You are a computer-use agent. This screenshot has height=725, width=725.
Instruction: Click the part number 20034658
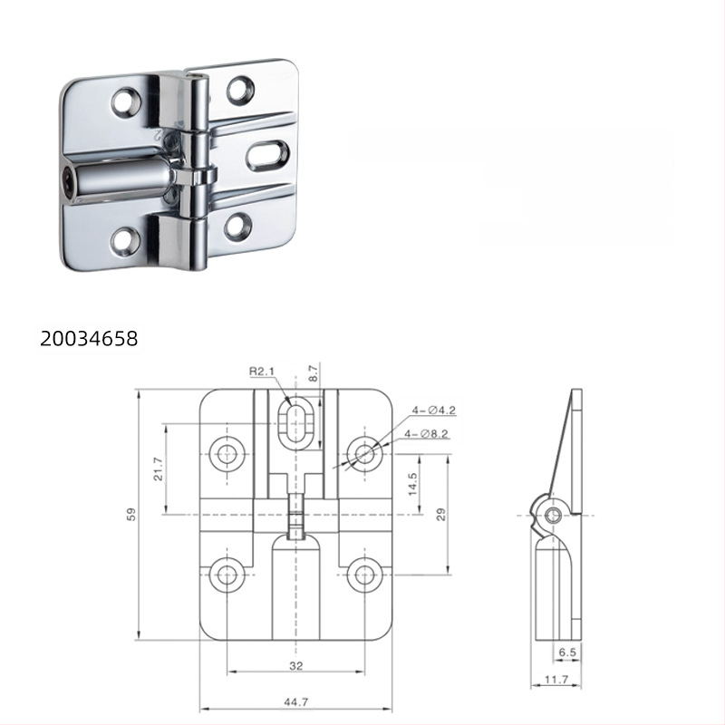coord(89,339)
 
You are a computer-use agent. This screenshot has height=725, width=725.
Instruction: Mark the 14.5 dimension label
coord(413,483)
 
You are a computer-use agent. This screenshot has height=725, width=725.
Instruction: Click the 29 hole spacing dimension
coord(440,514)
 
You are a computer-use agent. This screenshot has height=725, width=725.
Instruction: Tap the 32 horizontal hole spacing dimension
coord(296,665)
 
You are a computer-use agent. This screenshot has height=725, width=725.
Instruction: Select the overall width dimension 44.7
coord(296,701)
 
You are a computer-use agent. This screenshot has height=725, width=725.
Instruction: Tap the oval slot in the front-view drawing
coord(297,424)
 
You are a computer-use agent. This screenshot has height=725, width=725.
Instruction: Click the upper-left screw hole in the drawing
coord(226,452)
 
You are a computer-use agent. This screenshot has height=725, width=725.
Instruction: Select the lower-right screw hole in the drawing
coord(364,574)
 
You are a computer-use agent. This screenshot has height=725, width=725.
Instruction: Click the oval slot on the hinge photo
coord(267,155)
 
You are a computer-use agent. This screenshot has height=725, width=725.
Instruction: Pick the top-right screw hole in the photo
coord(240,88)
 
